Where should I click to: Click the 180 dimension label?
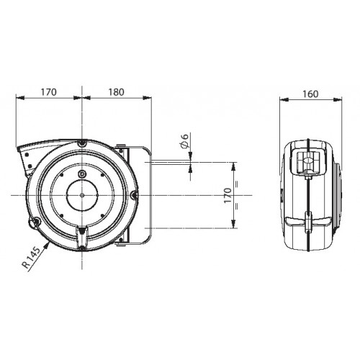click(x=116, y=92)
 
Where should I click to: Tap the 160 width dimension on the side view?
click(x=310, y=94)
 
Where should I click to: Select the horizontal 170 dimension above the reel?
click(x=48, y=92)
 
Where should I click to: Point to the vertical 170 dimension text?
click(x=228, y=195)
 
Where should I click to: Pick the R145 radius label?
click(x=31, y=258)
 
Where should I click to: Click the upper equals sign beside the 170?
click(x=237, y=184)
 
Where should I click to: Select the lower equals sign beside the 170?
click(x=237, y=207)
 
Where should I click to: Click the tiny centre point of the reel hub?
click(x=82, y=195)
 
